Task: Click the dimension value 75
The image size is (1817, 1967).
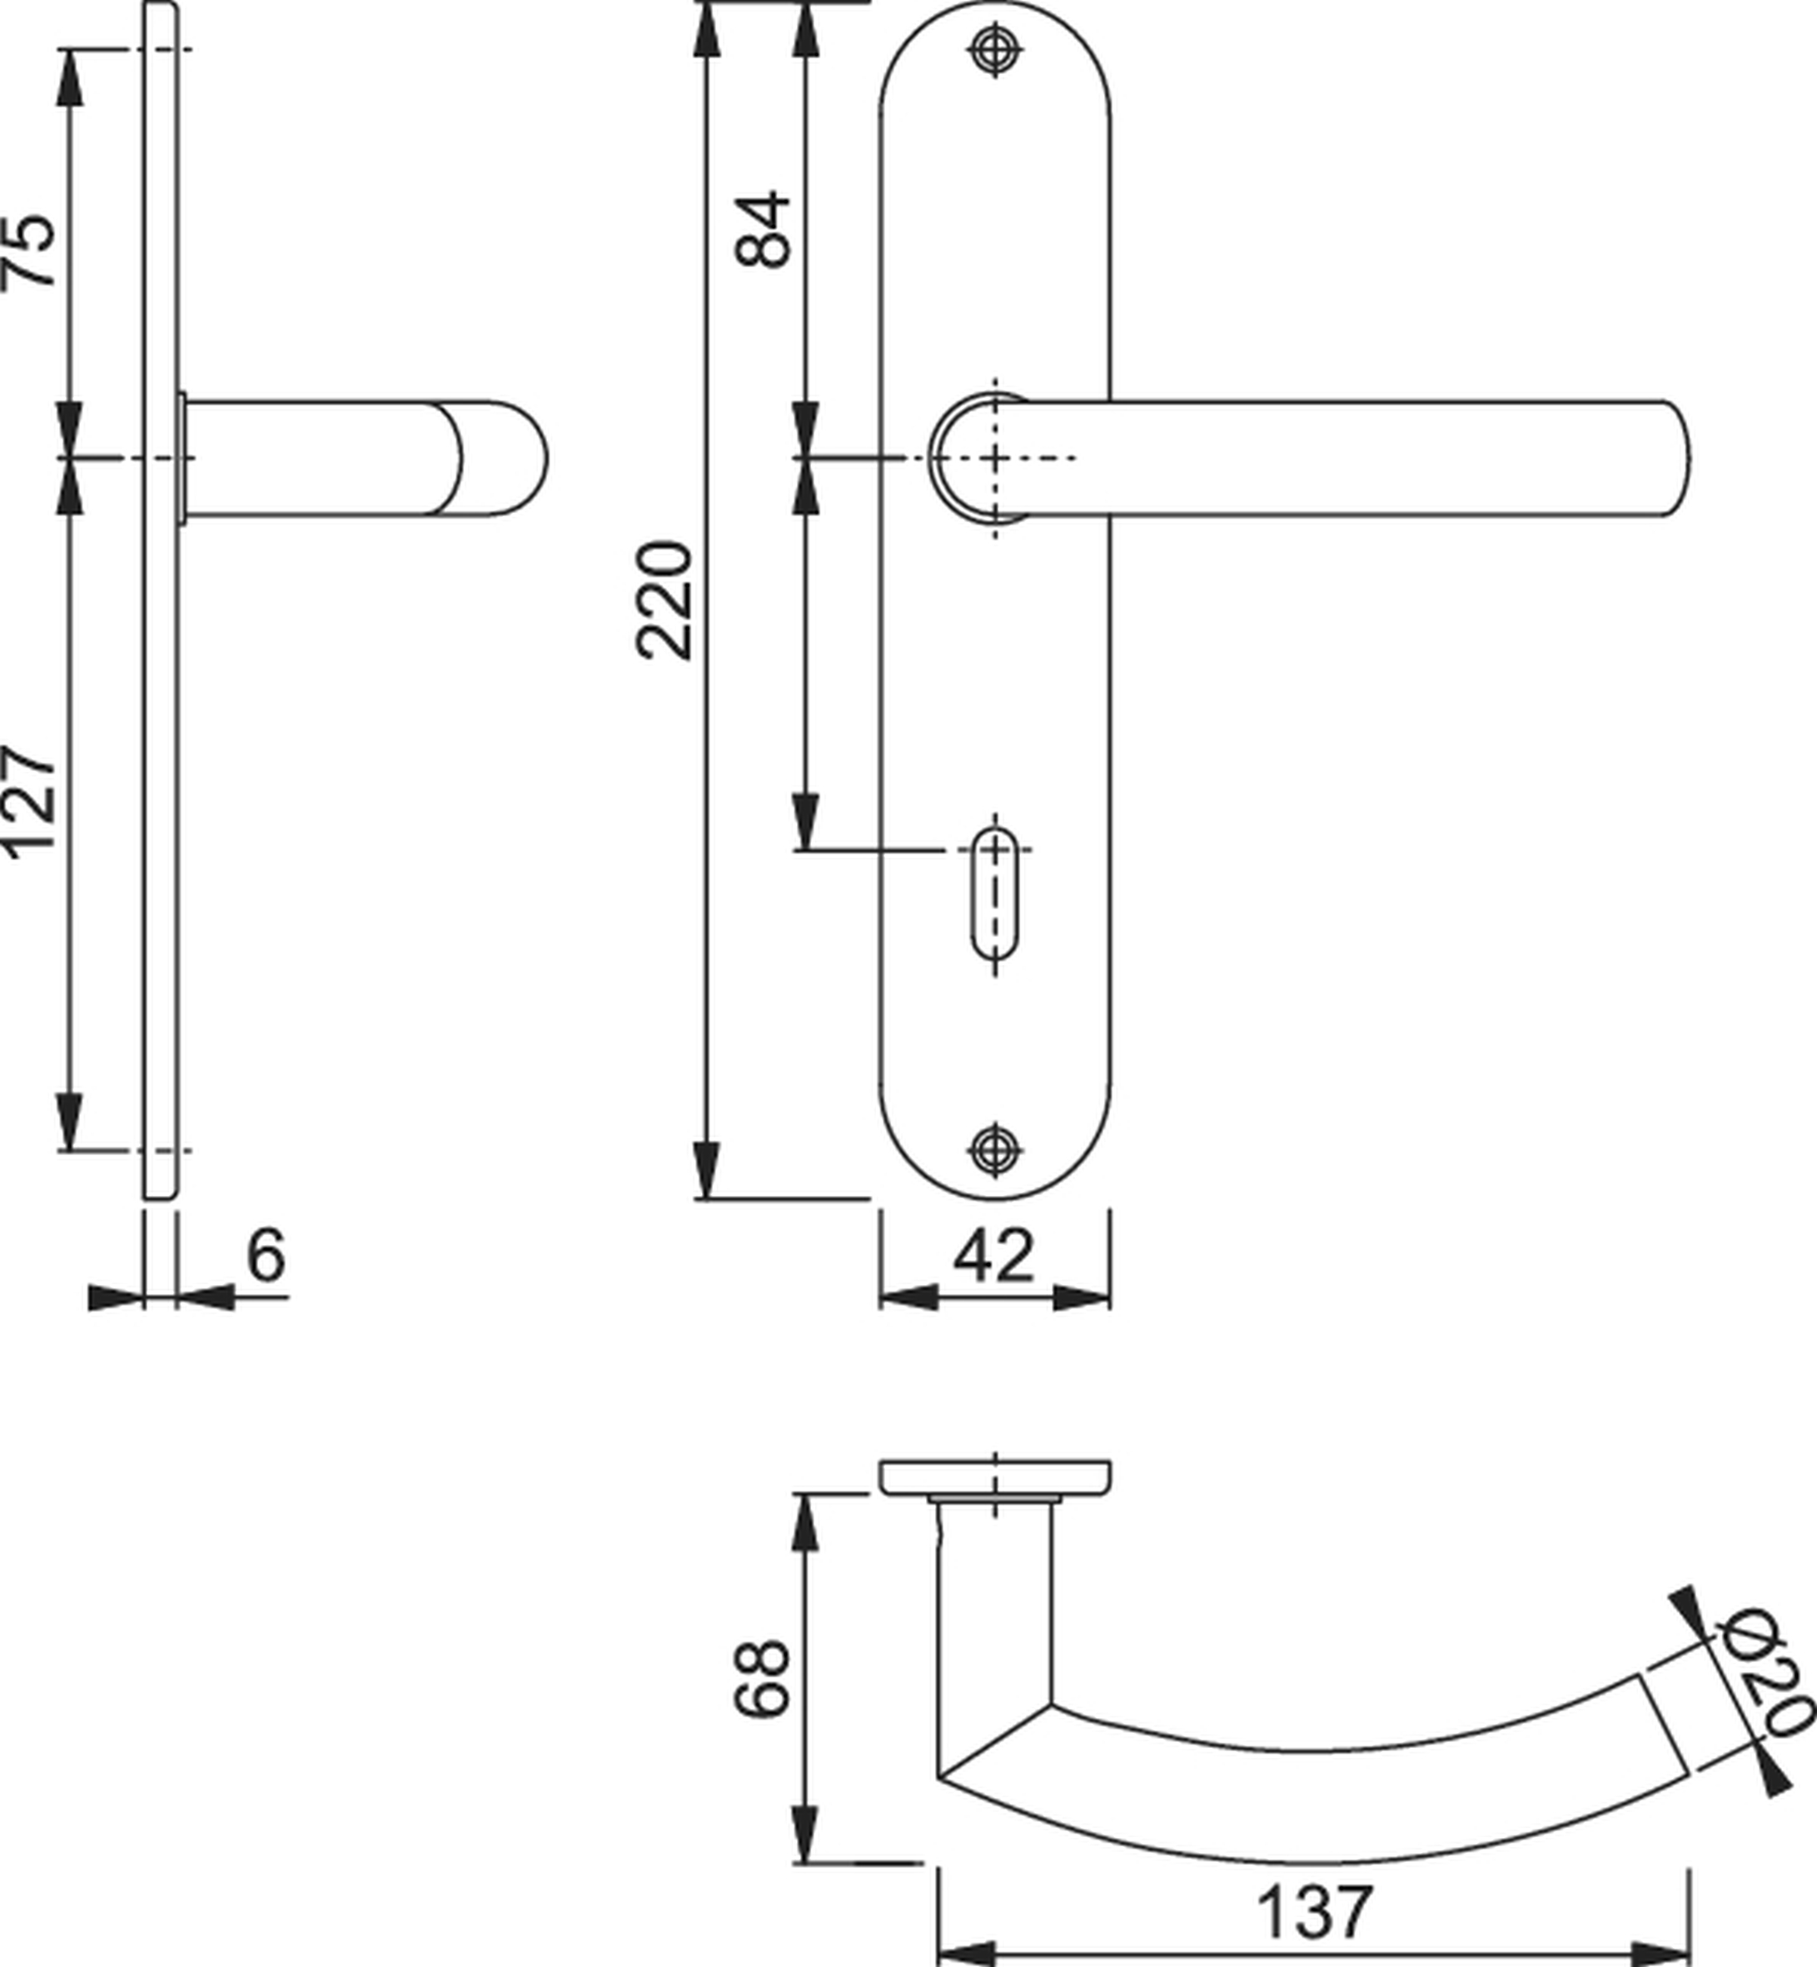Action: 29,250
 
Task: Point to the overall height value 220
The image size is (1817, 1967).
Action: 665,599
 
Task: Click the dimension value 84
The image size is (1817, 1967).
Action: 763,229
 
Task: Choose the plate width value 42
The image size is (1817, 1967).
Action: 994,1255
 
